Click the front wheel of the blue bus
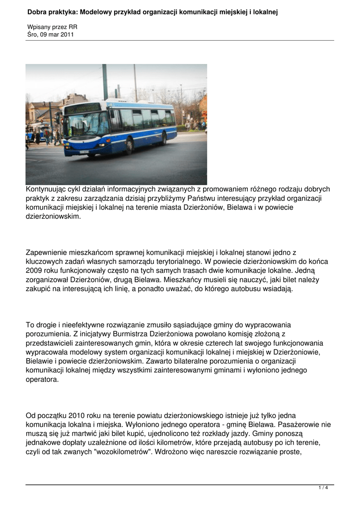point(130,145)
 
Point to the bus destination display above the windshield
point(83,108)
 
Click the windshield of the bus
point(85,125)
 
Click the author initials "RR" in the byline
point(72,27)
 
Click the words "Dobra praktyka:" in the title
point(53,11)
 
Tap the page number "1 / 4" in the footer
point(323,488)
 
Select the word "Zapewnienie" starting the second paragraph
point(46,253)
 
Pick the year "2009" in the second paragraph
point(34,271)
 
